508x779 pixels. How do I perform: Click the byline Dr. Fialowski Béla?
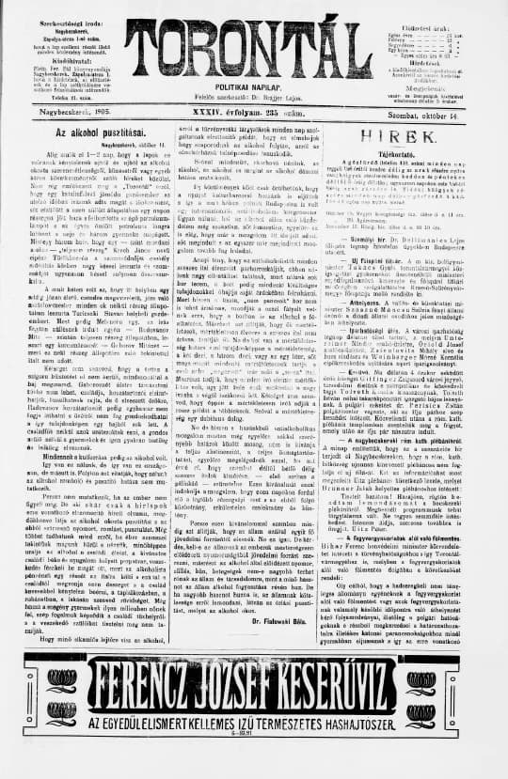pos(305,620)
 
